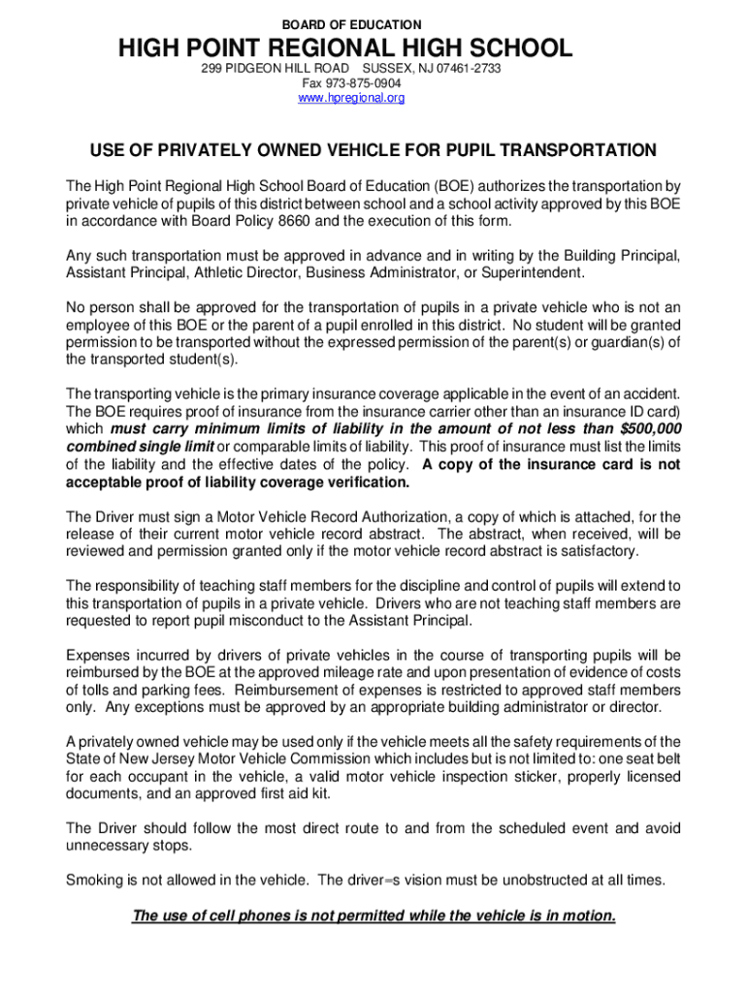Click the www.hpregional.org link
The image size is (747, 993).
coord(350,98)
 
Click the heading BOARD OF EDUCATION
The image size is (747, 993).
coord(350,23)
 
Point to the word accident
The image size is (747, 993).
coord(648,394)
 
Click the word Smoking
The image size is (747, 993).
coord(94,880)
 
